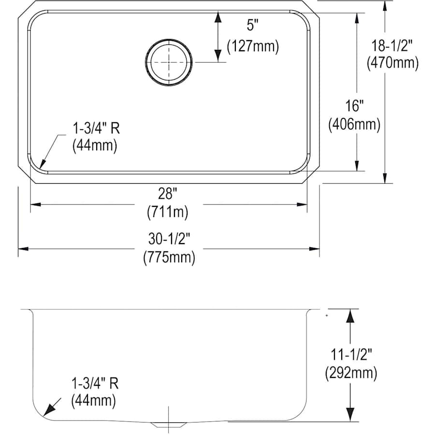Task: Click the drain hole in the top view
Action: coord(168,62)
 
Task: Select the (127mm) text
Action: coord(253,46)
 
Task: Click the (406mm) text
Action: coord(354,124)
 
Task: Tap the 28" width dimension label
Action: coord(168,194)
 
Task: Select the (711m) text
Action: coord(168,211)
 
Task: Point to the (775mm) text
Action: coord(169,258)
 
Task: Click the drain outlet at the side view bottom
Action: coord(168,424)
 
